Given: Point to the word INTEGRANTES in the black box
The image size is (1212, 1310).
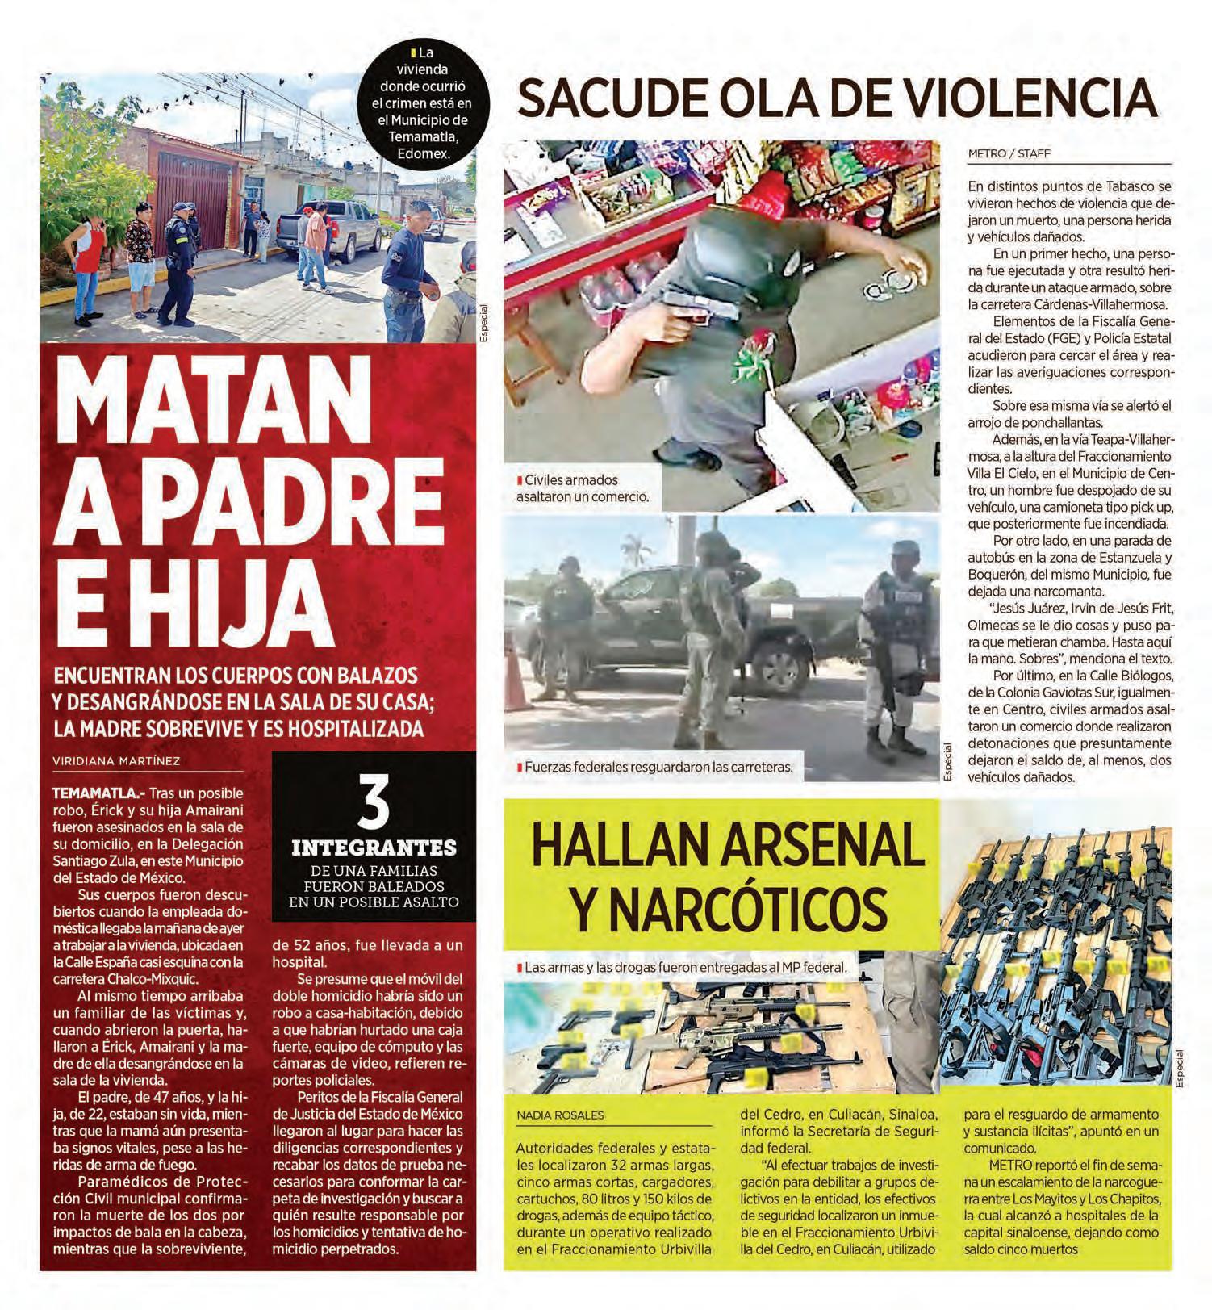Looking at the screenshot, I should click(374, 848).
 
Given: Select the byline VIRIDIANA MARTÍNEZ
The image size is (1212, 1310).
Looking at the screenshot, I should click(116, 760).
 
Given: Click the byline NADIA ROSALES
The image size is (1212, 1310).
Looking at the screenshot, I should click(560, 1115).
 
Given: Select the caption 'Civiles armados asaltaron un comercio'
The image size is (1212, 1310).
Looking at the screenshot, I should click(583, 488).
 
